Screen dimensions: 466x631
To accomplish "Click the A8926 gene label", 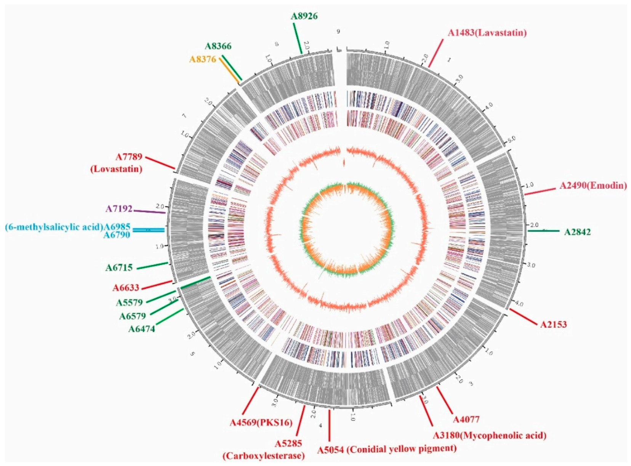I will point(304,16).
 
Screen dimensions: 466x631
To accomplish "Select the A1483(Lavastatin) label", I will point(487,33).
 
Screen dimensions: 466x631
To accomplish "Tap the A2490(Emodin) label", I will point(593,186).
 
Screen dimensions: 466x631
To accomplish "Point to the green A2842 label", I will point(577,232).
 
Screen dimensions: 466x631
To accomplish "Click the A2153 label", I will point(553,325).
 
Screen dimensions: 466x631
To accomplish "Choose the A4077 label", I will point(466,420).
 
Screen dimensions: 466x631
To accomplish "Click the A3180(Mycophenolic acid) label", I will point(489,436).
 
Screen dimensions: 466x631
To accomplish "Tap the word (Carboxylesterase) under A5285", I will point(264,456).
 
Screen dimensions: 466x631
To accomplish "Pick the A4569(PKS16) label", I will point(261,423).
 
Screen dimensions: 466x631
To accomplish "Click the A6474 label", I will point(142,329).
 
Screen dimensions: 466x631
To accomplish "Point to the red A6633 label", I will point(126,288).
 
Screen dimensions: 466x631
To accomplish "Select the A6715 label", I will point(119,268).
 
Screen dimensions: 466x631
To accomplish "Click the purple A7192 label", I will point(119,209).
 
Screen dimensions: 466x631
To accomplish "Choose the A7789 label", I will point(129,157).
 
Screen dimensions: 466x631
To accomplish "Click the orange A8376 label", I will point(203,59).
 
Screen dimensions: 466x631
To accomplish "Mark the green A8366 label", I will point(218,46).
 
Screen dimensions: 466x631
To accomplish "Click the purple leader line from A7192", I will point(149,211).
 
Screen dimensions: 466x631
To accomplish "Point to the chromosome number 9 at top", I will point(338,32).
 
